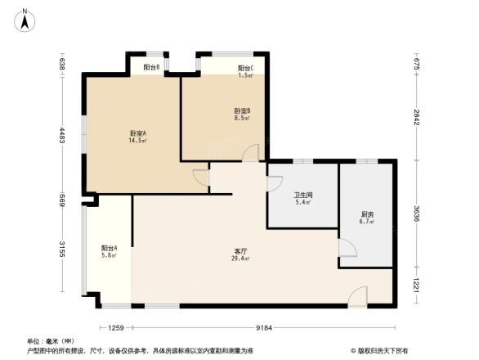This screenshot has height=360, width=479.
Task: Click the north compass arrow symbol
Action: pos(25,18)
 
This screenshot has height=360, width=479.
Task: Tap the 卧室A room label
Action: pos(137,133)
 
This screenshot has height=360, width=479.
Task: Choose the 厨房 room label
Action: pos(367,214)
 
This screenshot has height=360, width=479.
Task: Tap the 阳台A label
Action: pos(109,248)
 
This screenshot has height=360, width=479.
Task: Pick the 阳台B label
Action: pos(150,67)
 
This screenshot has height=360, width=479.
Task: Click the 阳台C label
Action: pos(245,68)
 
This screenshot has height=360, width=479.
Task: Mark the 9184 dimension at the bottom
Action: pos(263,328)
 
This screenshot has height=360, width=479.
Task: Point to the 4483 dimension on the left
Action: pos(61,135)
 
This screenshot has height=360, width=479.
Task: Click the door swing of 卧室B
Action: pos(252,153)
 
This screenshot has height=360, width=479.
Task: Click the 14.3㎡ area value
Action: pos(137,141)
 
